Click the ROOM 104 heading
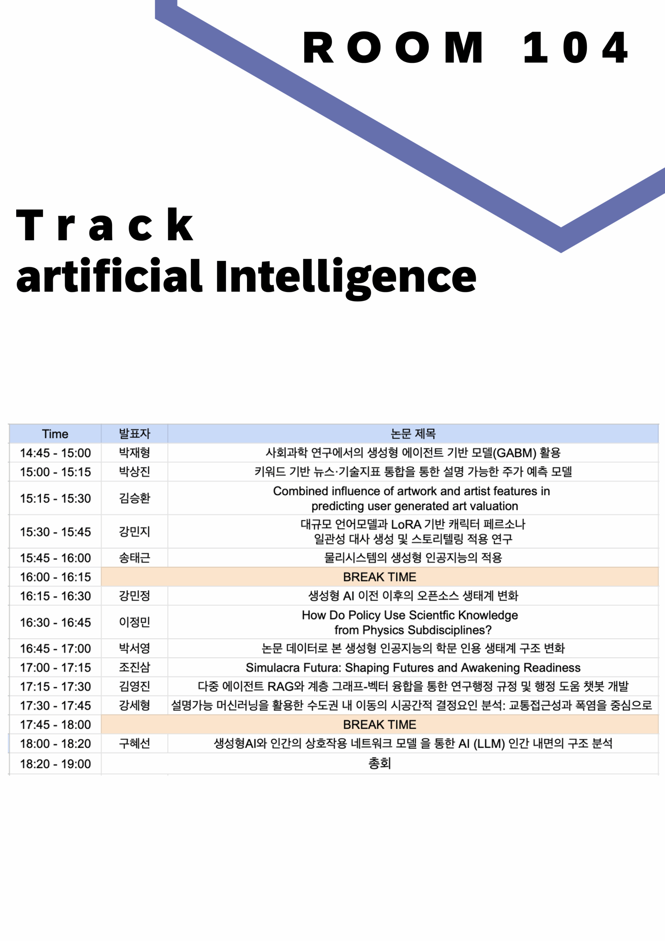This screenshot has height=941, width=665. click(x=465, y=47)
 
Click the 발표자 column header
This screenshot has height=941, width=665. click(x=135, y=434)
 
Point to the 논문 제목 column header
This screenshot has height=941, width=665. click(x=413, y=434)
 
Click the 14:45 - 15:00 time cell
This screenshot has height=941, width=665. click(x=56, y=453)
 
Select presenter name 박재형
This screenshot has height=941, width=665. click(x=135, y=452)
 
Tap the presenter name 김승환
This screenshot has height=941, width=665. click(x=135, y=498)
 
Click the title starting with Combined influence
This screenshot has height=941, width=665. click(x=412, y=498)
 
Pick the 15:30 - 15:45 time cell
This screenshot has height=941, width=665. click(x=56, y=532)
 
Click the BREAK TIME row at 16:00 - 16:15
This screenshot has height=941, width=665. click(x=380, y=577)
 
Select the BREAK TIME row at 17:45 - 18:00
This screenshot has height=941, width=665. click(x=380, y=724)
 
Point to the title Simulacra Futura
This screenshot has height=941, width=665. click(x=413, y=668)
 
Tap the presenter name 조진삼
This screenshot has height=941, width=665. click(x=135, y=667)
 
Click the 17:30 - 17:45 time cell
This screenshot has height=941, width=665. click(x=56, y=706)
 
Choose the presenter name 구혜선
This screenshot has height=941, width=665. click(x=135, y=743)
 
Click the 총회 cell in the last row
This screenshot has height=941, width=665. click(x=380, y=763)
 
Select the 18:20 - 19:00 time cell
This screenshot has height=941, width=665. click(x=56, y=764)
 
